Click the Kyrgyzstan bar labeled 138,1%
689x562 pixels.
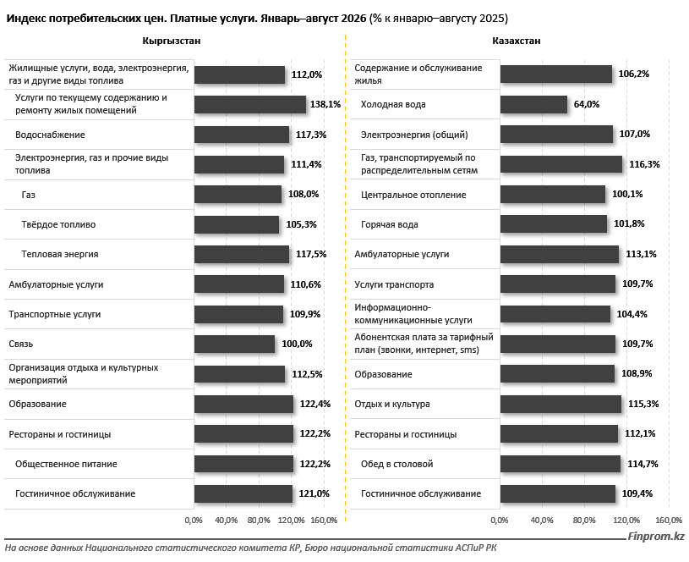tap(250, 105)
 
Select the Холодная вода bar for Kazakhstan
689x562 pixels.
tap(533, 105)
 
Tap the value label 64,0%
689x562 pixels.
tap(587, 104)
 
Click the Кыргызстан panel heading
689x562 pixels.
tap(172, 41)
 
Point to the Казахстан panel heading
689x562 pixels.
tap(517, 41)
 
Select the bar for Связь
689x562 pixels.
tap(235, 344)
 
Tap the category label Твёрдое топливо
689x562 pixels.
tap(58, 224)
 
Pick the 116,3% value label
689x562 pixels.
tap(645, 164)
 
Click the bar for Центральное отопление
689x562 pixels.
tap(553, 194)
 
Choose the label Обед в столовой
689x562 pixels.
tap(396, 464)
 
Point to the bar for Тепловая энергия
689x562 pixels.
tap(242, 255)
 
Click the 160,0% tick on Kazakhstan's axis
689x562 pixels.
tap(669, 521)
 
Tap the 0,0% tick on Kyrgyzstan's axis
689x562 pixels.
tap(194, 521)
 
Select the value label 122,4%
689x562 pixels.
tap(315, 404)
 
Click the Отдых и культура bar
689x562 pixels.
tap(560, 404)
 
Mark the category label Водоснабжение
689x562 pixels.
tap(50, 135)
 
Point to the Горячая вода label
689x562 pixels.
tap(390, 224)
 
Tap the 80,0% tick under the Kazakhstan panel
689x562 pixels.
tap(584, 521)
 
